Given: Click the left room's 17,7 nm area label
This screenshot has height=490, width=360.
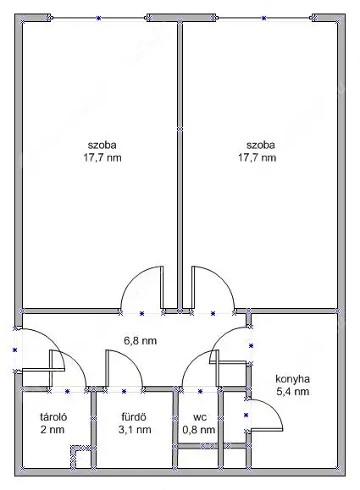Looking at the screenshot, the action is (102, 157).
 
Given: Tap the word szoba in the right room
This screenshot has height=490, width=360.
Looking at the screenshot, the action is (261, 145).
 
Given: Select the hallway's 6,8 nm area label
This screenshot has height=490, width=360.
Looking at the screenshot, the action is (140, 340).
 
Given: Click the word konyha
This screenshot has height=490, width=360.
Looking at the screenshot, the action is (293, 379).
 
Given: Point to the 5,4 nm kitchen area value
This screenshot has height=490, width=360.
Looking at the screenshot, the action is (293, 391).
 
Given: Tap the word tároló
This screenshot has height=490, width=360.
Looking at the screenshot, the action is (53, 417).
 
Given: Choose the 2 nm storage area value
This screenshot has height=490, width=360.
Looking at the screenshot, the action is (53, 430).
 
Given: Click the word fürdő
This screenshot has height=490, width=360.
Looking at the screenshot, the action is (134, 417).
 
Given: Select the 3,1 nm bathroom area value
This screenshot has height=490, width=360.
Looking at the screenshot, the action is (135, 430).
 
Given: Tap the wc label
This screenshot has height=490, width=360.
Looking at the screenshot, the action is (200, 417).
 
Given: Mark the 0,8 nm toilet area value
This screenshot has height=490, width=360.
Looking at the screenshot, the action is (199, 430).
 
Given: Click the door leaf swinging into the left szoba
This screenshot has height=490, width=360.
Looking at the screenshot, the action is (162, 287).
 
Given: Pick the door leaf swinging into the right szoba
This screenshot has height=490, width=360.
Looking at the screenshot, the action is (193, 287).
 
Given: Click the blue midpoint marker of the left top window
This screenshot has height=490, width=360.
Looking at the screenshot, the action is (99, 18).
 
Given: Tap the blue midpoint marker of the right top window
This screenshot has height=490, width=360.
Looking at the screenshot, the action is (264, 18).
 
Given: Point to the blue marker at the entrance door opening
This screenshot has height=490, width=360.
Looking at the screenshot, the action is (14, 350).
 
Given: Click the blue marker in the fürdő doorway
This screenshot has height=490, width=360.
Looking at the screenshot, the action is (124, 391).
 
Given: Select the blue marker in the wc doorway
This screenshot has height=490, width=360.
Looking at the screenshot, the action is (200, 391).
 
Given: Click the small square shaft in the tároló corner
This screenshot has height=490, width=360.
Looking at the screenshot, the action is (79, 456).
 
